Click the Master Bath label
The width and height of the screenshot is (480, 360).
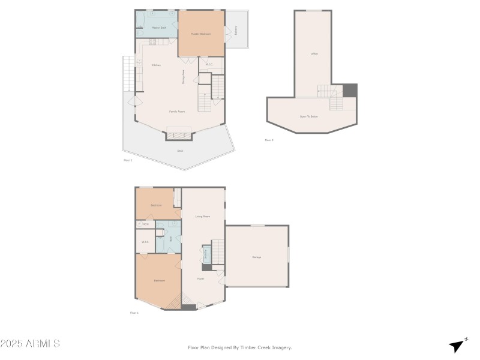pos(158,28)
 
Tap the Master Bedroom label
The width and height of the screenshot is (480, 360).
pos(201,34)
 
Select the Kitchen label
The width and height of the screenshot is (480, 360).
pos(156,65)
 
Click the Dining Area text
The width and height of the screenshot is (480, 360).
pos(184,77)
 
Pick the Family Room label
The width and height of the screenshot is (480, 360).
pos(176,112)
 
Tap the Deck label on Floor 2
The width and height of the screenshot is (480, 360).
pos(180,151)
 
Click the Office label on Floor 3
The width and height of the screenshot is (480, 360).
pos(314,54)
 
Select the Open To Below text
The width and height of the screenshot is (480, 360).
pos(309,116)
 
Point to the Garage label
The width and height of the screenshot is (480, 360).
pos(256,257)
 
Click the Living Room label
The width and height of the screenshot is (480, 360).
pos(202,217)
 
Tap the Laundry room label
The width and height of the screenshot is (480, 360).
pos(206,255)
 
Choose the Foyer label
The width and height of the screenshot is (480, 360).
pos(201,279)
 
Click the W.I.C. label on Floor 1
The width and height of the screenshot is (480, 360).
pos(145,242)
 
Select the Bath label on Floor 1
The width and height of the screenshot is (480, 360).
pos(171,238)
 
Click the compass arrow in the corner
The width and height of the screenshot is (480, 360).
pos(458,346)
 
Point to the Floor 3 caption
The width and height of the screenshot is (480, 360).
pos(269,140)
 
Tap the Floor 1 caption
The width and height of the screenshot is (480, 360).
pos(134,313)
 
